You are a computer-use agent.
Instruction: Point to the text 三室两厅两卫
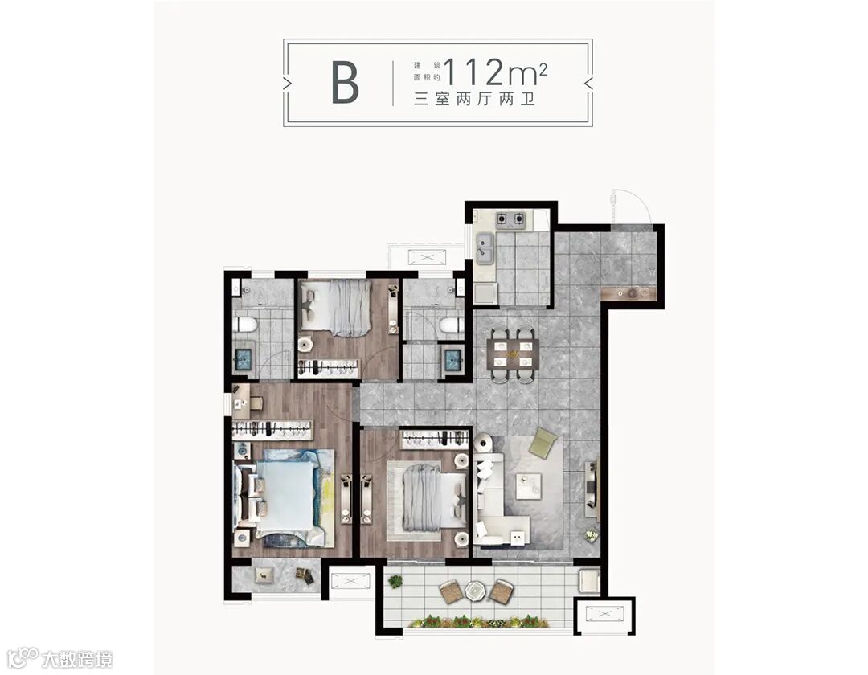pos(474,100)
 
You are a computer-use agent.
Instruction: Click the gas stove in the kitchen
pos(510,219)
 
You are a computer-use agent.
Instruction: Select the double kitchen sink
pos(485,248)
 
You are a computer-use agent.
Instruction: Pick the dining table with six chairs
pos(513,354)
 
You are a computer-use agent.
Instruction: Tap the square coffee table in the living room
pos(529,486)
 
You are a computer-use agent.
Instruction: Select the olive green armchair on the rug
pos(542,444)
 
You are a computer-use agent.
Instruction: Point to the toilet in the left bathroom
pos(244,324)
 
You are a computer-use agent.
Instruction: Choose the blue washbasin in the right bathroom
pos(453,360)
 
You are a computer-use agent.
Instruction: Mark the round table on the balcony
pos(475,591)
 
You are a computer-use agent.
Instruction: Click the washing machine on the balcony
pos(588,580)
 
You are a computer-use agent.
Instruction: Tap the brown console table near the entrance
pos(631,294)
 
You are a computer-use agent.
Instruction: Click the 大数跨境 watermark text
pos(77,660)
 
